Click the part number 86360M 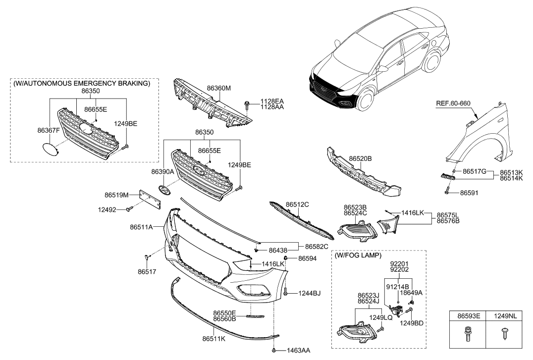(219, 88)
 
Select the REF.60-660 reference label (453, 103)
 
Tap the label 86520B (360, 158)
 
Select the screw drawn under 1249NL (504, 334)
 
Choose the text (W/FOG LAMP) (358, 256)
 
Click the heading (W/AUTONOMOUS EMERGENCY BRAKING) (82, 84)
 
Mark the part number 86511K (213, 339)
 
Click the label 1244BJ (309, 294)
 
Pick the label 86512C (297, 204)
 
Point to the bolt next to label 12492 (129, 210)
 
